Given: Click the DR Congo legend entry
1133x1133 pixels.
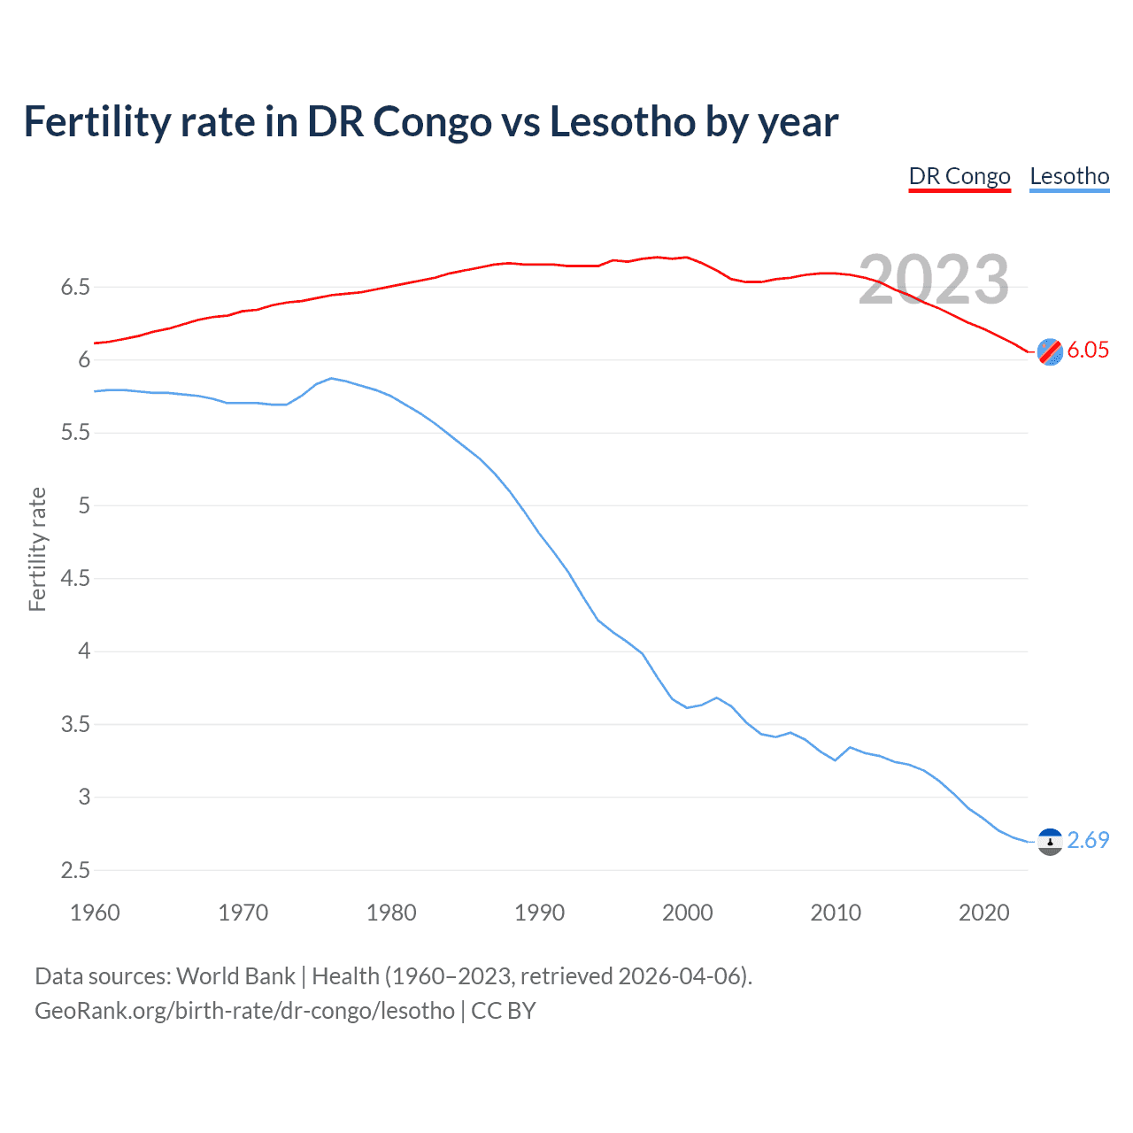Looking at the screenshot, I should tap(960, 177).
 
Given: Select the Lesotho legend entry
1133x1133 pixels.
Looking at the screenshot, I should tap(1069, 177).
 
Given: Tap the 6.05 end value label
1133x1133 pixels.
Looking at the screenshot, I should tap(1088, 350).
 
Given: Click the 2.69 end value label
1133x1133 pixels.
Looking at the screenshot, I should tap(1088, 840).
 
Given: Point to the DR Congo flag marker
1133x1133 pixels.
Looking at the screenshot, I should tap(1050, 351).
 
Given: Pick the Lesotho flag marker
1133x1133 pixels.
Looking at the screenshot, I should tap(1050, 842).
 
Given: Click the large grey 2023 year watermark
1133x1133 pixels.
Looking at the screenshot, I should tap(934, 280).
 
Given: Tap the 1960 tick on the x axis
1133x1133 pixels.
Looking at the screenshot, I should tap(95, 913).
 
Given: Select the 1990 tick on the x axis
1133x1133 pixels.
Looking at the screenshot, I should tap(539, 913).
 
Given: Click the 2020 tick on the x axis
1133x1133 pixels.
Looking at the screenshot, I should tap(983, 913).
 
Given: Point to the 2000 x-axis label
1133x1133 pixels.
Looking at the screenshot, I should tap(687, 913).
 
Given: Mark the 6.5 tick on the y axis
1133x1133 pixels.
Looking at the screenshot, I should tap(75, 287).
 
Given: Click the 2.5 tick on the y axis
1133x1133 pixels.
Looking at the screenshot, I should tap(75, 870).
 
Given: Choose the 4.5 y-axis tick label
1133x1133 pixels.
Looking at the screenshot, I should tap(75, 579).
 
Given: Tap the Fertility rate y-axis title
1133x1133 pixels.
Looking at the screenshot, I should tap(37, 549).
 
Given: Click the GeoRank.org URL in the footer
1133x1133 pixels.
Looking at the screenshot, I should tap(244, 1011).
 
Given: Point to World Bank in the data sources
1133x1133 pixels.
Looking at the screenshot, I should tap(235, 976).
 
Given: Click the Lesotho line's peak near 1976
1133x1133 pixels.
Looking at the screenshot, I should tap(331, 378).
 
